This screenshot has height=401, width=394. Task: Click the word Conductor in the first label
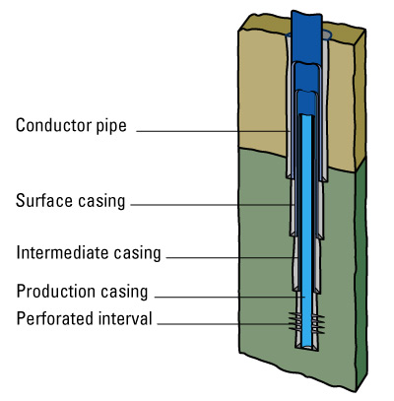point(53,126)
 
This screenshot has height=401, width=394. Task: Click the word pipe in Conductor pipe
point(113,126)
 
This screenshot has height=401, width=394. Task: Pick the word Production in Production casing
point(55,292)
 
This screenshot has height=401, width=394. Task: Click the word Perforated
point(53,319)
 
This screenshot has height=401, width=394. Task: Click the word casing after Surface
point(101,202)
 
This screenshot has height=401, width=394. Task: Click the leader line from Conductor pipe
point(212,129)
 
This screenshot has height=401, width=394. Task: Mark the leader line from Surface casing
point(212,205)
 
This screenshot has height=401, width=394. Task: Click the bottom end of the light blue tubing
point(308,343)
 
